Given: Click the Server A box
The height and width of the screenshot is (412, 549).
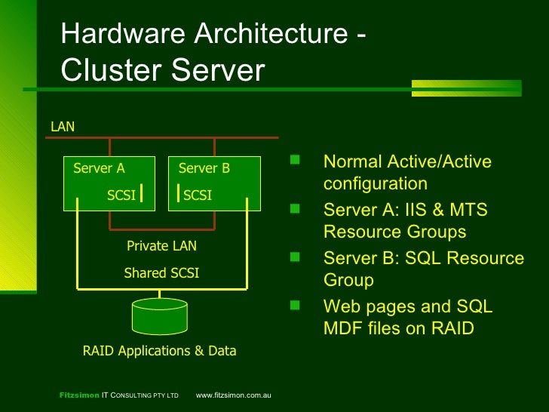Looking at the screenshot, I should point(108,183).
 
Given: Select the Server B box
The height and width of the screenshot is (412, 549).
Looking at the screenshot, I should point(213,183).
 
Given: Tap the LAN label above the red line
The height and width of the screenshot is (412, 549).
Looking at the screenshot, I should point(63,127).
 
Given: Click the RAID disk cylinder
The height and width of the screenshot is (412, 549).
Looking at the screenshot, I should point(159,316).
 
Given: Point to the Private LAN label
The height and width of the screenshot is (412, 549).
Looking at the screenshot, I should point(161,246).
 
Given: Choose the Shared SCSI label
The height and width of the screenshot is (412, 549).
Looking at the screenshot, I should point(161,273).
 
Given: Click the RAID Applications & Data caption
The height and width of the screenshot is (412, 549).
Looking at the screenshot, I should point(159,351).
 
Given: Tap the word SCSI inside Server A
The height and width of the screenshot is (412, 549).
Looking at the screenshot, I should point(121,196).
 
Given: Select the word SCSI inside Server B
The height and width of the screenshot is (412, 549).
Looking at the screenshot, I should point(198,196).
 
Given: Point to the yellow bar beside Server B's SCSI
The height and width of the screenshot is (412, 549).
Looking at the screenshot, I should point(178,193).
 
